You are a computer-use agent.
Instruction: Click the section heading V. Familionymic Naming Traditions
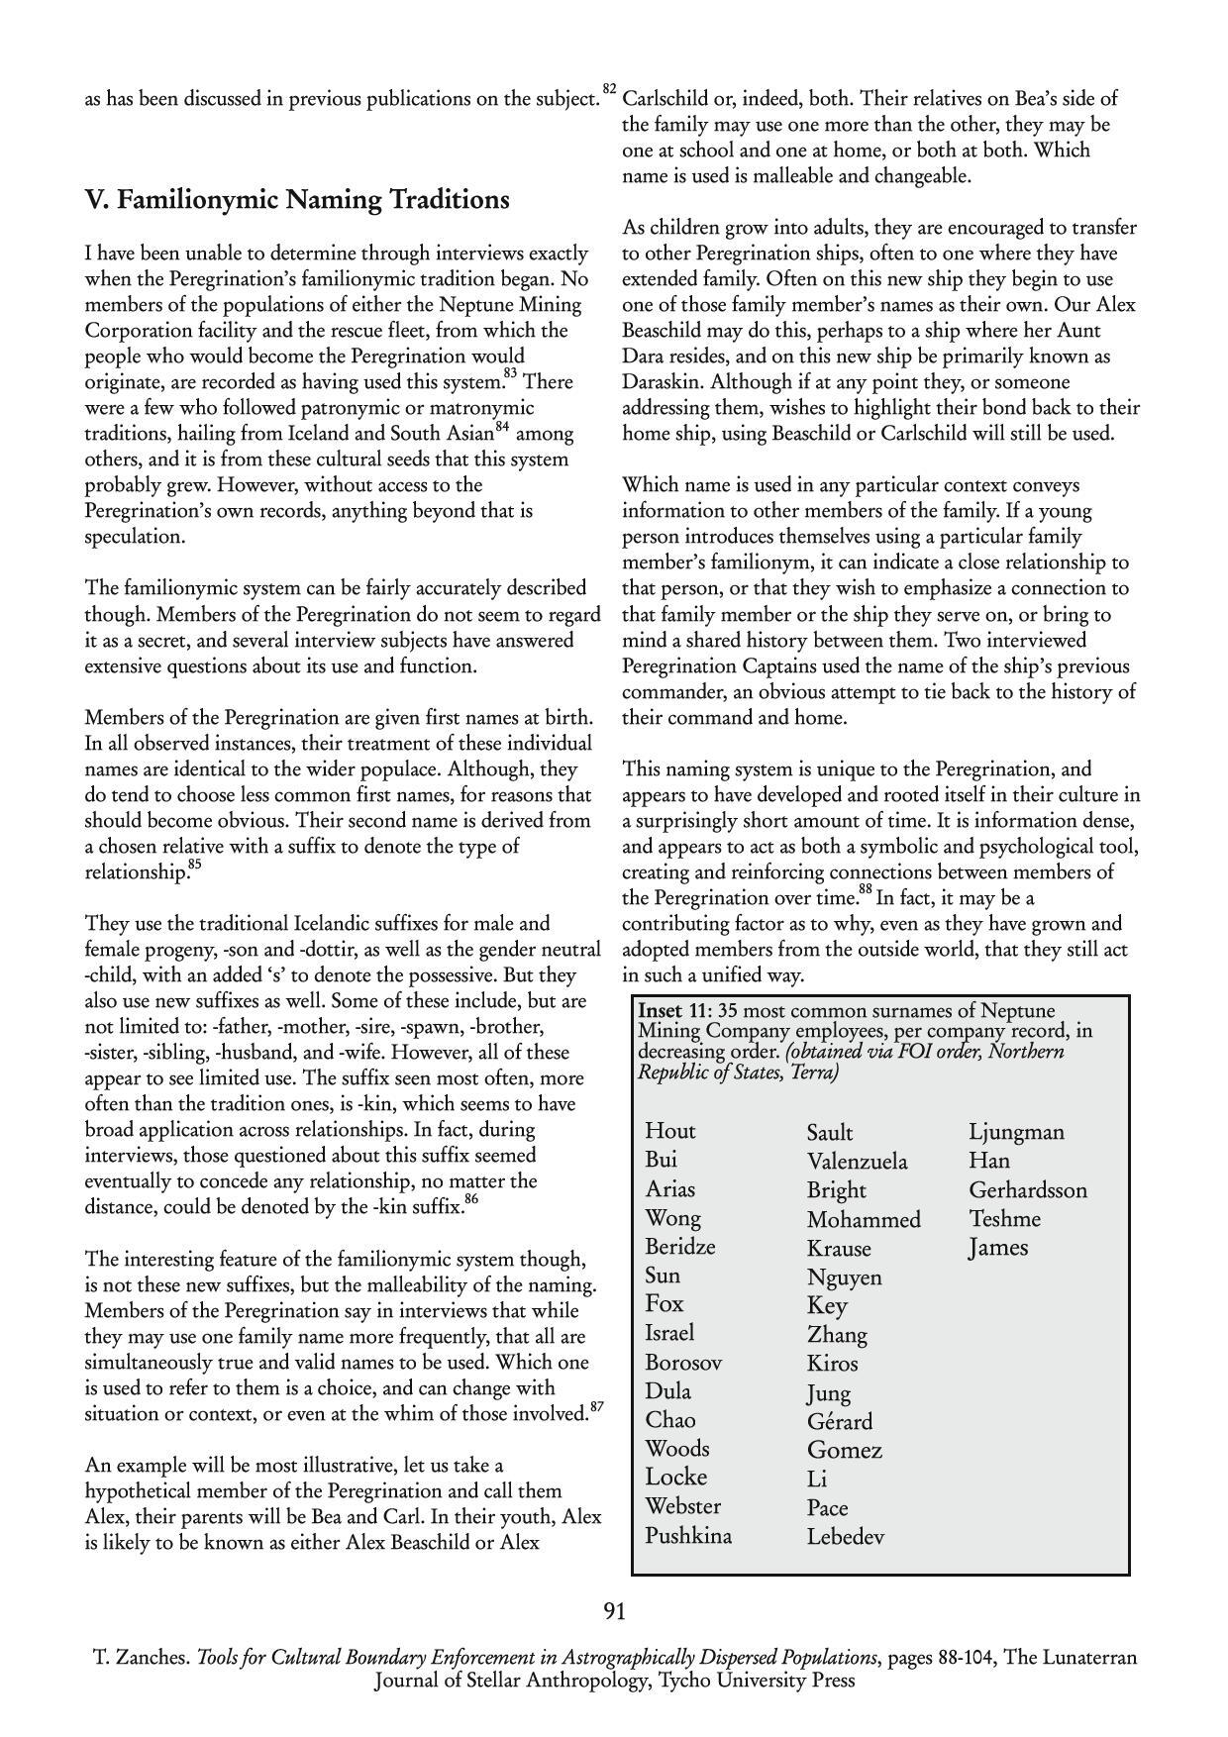pos(297,200)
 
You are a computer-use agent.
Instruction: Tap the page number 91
pos(614,1611)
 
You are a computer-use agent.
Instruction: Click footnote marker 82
pos(609,90)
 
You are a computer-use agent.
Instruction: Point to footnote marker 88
pos(866,890)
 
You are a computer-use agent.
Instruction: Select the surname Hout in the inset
pos(670,1131)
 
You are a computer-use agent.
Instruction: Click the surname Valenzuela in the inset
pos(857,1161)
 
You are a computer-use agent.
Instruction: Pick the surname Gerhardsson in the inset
pos(1027,1189)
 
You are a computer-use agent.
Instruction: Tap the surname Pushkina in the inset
pos(688,1536)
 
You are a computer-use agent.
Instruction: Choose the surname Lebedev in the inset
pos(845,1537)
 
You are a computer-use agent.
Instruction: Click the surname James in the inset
pos(998,1248)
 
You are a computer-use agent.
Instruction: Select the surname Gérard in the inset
pos(840,1421)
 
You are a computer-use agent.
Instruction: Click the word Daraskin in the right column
pos(662,381)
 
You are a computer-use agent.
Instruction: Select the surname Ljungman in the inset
pos(1016,1131)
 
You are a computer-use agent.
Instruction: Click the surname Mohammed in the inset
pos(864,1219)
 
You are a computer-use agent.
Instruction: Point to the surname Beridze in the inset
pos(679,1247)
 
